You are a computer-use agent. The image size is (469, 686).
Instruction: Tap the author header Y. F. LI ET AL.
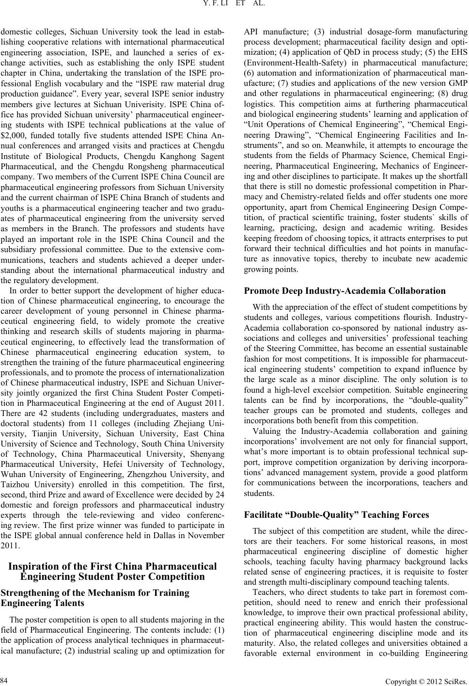point(234,6)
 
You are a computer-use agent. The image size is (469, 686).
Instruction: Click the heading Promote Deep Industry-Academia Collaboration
point(345,291)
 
